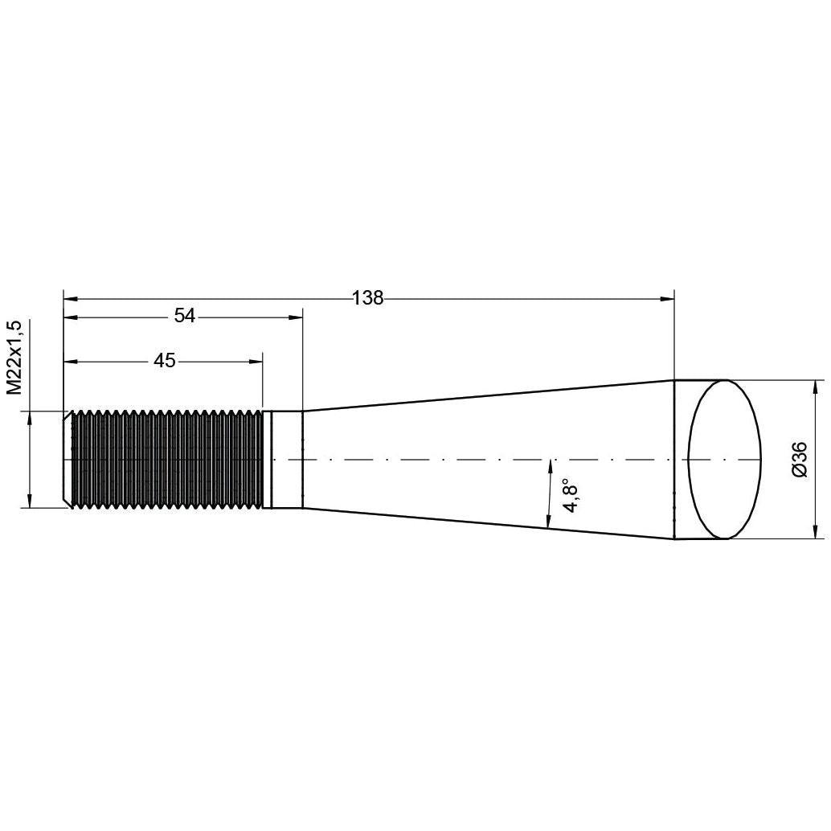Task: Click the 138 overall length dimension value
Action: click(x=368, y=298)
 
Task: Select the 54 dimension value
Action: click(x=185, y=317)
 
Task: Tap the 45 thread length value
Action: click(x=165, y=361)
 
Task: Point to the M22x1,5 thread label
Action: click(x=13, y=357)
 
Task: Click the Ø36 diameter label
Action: click(x=799, y=460)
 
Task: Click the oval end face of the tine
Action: click(x=725, y=459)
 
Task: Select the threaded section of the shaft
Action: click(x=167, y=459)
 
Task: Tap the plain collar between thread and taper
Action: click(x=287, y=459)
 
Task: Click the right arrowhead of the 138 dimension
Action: click(x=668, y=298)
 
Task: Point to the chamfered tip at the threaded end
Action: click(x=68, y=459)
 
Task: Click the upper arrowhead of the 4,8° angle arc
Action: click(x=551, y=465)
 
